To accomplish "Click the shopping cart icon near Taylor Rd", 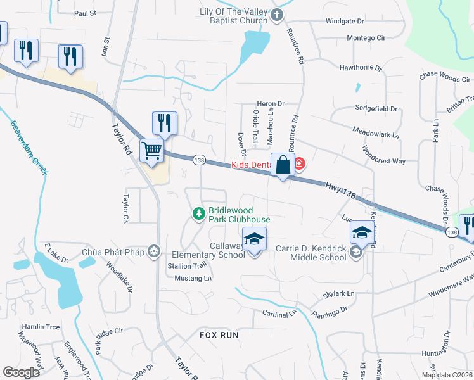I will pyautogui.click(x=152, y=151).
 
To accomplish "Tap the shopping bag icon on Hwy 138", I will pyautogui.click(x=283, y=165).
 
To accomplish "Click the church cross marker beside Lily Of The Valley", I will pyautogui.click(x=276, y=15).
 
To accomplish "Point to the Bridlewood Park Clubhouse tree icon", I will pyautogui.click(x=199, y=214).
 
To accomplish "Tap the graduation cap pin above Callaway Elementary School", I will pyautogui.click(x=254, y=239).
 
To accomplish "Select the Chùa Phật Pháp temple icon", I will pyautogui.click(x=153, y=251).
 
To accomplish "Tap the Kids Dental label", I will pyautogui.click(x=251, y=165).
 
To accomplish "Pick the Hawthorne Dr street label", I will pyautogui.click(x=361, y=67).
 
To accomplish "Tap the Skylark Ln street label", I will pyautogui.click(x=338, y=294).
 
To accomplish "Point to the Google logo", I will pyautogui.click(x=22, y=372).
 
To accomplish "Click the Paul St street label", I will pyautogui.click(x=84, y=13).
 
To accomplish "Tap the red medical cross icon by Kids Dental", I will pyautogui.click(x=299, y=165).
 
